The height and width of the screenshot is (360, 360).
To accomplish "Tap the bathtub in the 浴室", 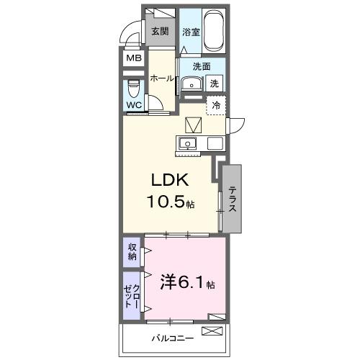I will pyautogui.click(x=214, y=31).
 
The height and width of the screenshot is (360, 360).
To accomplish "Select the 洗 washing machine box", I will pyautogui.click(x=215, y=84).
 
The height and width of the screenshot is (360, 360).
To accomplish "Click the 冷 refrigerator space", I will pyautogui.click(x=215, y=106).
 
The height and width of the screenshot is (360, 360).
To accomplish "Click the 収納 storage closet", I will pyautogui.click(x=132, y=251).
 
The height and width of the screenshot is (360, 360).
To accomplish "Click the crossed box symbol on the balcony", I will pyautogui.click(x=213, y=331).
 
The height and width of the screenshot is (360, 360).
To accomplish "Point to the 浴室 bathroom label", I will pyautogui.click(x=190, y=32).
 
